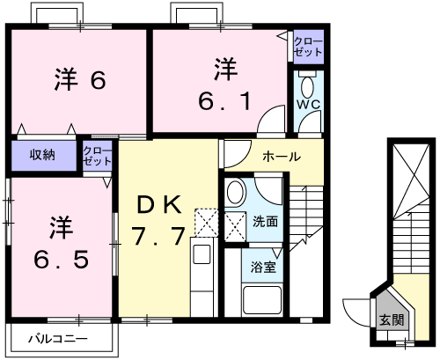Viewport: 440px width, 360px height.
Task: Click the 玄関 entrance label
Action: tap(392, 320)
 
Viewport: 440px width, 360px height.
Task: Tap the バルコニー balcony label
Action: tap(58, 339)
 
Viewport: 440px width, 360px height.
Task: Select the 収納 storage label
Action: tap(42, 155)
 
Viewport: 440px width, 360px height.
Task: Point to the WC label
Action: tap(308, 105)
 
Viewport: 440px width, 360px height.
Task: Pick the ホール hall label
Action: tap(282, 157)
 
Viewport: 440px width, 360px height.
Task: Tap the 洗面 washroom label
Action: tap(265, 222)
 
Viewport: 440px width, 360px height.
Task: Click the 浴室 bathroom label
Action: tap(263, 267)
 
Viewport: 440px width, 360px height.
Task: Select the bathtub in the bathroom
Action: tap(262, 300)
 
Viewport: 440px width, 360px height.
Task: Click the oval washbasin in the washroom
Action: tap(235, 192)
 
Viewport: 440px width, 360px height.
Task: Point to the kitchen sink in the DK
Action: tap(202, 253)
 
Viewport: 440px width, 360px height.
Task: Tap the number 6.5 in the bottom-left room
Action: tap(61, 260)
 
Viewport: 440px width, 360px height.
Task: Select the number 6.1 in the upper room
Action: tap(225, 101)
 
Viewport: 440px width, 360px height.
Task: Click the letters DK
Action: tap(158, 205)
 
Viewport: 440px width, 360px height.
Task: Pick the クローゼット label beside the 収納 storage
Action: tap(98, 156)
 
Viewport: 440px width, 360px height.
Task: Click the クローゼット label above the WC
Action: tap(308, 47)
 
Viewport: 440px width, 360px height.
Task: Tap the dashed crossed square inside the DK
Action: tap(207, 223)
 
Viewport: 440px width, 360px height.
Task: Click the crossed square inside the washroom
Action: tap(235, 227)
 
